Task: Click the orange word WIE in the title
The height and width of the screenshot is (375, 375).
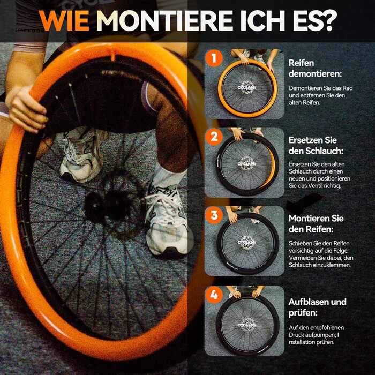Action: (64, 20)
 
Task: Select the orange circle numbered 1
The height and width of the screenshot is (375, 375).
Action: (214, 58)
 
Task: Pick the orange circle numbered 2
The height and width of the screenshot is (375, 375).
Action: (214, 137)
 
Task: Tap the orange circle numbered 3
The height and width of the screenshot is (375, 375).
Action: (214, 215)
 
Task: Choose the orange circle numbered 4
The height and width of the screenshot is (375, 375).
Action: (214, 295)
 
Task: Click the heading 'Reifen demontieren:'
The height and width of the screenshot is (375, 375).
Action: (315, 69)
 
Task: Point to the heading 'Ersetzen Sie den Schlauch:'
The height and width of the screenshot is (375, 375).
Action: (316, 145)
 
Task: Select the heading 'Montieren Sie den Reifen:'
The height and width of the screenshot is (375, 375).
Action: (316, 224)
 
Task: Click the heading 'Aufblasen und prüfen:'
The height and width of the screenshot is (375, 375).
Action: (317, 307)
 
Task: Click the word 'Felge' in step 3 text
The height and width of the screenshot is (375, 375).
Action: (341, 251)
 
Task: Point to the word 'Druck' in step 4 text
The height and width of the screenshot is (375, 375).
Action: (296, 335)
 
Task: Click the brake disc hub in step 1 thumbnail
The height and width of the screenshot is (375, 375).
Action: (246, 88)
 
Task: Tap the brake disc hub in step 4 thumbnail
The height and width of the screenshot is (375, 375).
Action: (246, 325)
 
